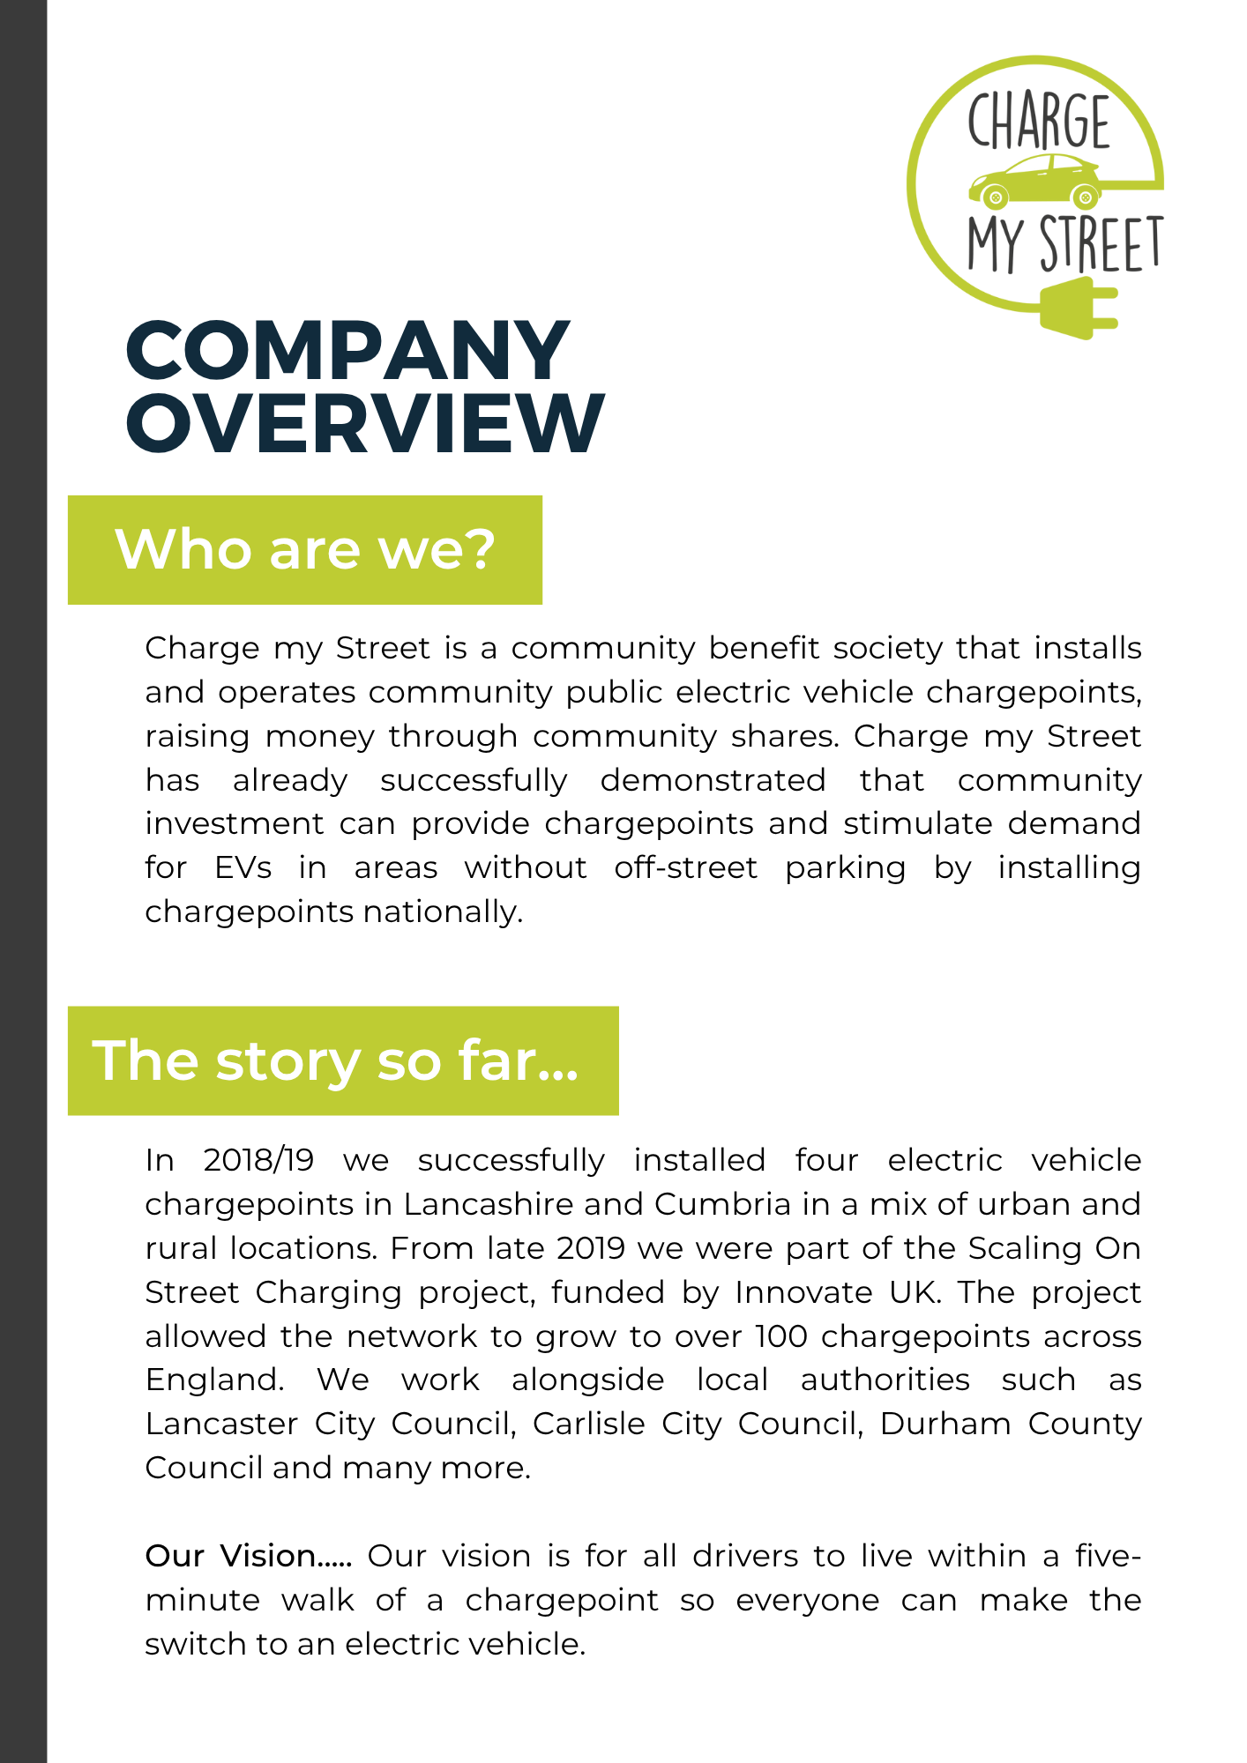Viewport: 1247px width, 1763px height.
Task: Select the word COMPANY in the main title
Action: pyautogui.click(x=347, y=350)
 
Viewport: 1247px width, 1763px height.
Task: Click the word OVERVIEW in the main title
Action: pyautogui.click(x=365, y=423)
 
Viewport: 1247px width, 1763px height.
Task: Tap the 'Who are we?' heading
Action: pyautogui.click(x=305, y=550)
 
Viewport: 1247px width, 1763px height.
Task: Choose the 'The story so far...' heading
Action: pyautogui.click(x=336, y=1060)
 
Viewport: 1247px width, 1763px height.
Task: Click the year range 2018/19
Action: pyautogui.click(x=258, y=1160)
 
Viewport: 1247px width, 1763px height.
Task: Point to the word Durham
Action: pyautogui.click(x=945, y=1424)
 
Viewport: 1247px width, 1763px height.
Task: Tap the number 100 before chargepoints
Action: pyautogui.click(x=781, y=1336)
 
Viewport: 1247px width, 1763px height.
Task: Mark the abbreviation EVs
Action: pyautogui.click(x=243, y=867)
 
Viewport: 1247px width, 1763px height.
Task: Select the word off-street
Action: pyautogui.click(x=686, y=867)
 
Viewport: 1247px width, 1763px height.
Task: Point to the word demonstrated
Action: pyautogui.click(x=713, y=780)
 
